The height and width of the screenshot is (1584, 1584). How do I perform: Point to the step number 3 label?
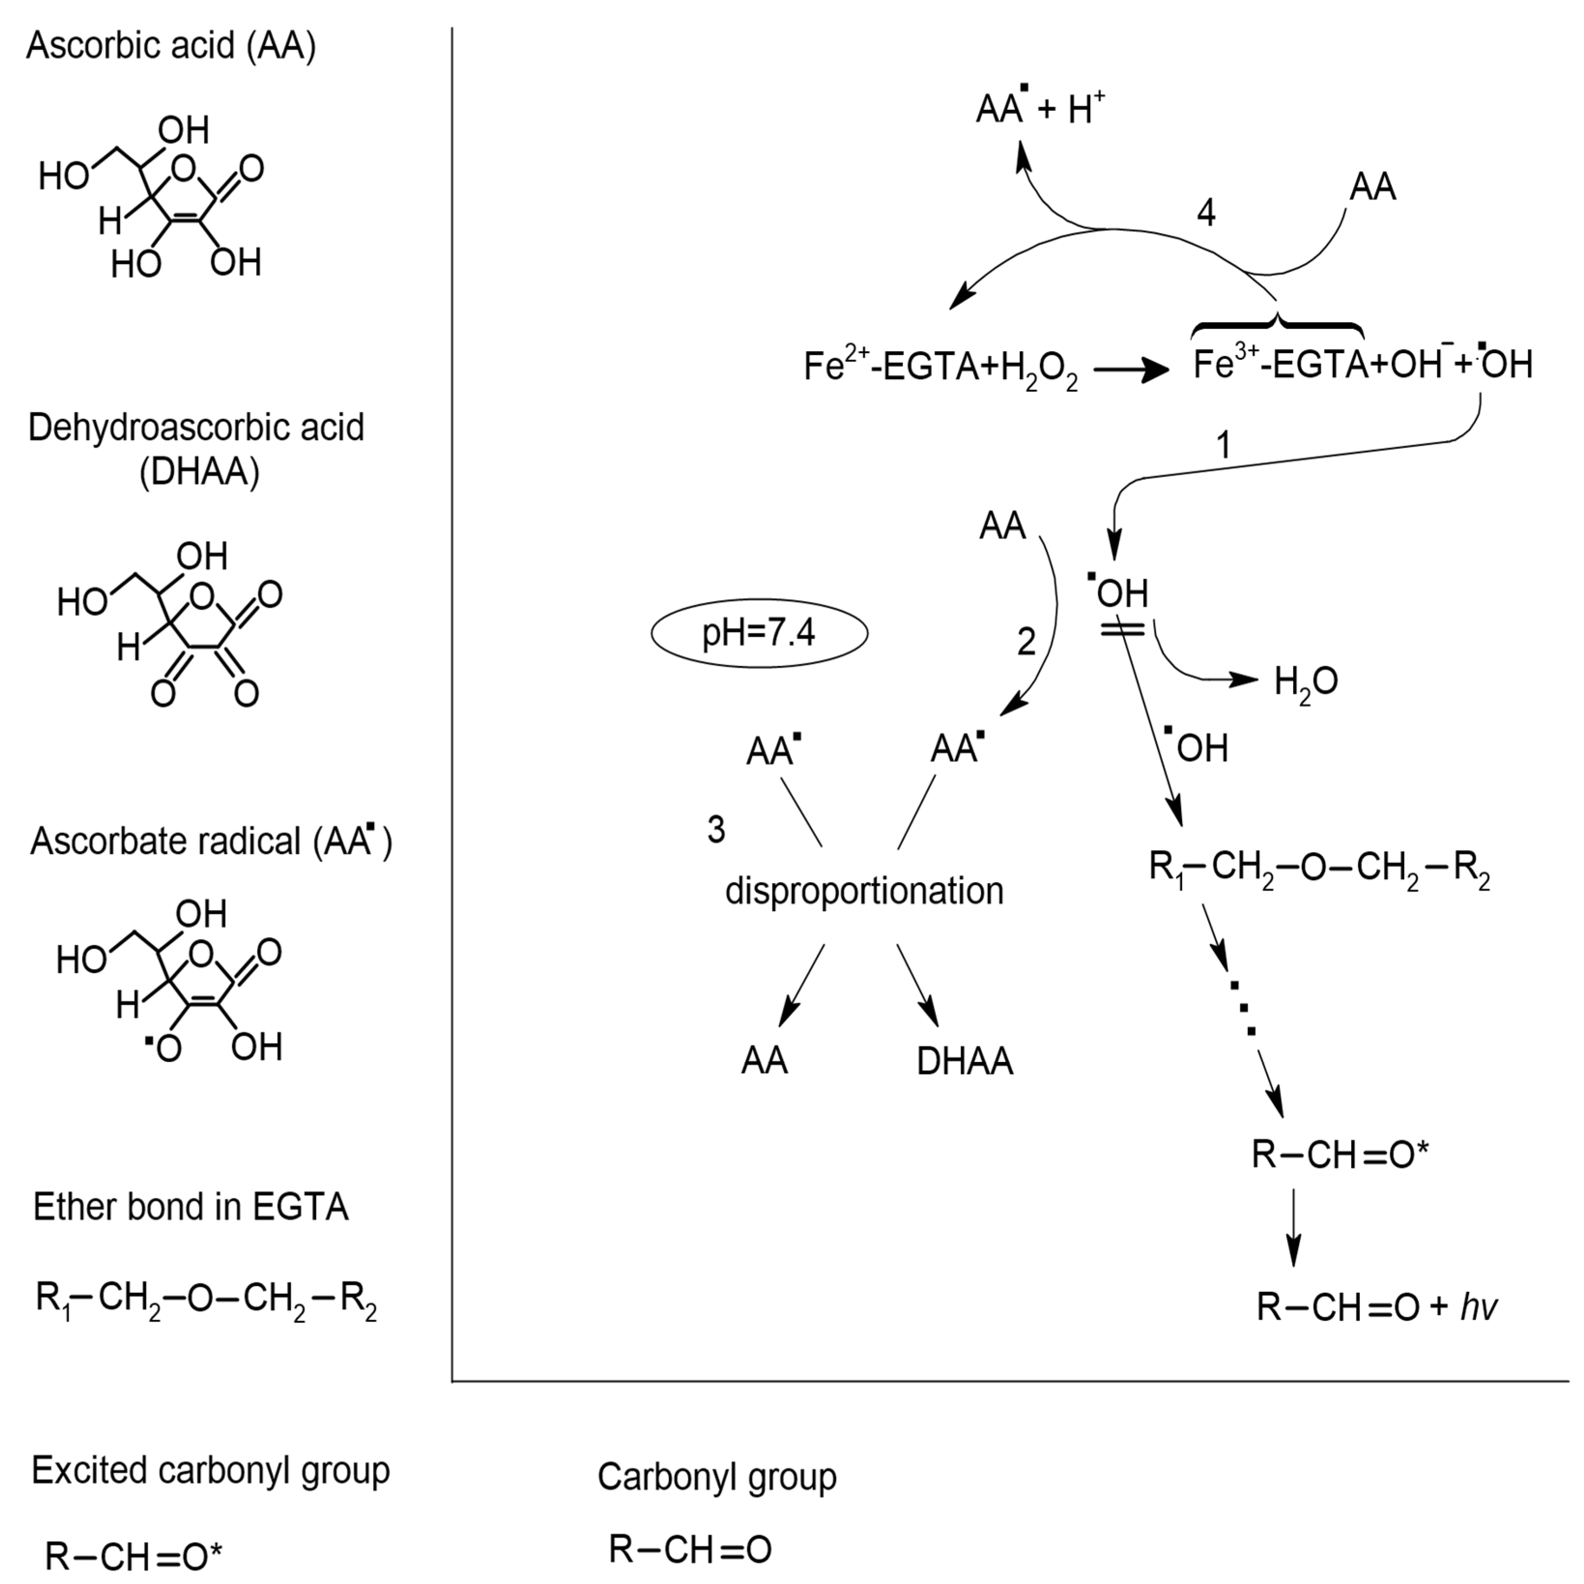[x=716, y=830]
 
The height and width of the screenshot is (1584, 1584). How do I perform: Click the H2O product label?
[x=1305, y=681]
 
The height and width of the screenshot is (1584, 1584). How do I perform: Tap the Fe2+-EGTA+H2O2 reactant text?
[x=941, y=367]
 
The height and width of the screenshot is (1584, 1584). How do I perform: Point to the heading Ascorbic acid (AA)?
[x=171, y=45]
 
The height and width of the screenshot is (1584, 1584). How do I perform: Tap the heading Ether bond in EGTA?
[x=191, y=1207]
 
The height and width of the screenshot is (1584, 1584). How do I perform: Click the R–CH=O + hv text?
[x=1377, y=1308]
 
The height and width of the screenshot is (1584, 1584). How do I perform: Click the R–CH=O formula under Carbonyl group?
[x=690, y=1550]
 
